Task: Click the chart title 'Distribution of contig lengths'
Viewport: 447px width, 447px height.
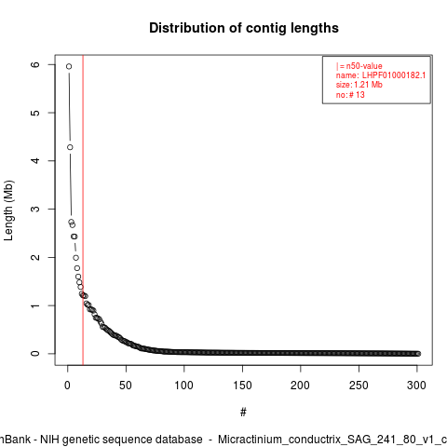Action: pos(244,28)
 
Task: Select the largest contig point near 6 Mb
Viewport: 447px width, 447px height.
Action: pos(69,66)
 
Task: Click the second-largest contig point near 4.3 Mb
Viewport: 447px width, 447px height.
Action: pos(70,147)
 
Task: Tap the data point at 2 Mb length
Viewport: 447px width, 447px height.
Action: pos(76,258)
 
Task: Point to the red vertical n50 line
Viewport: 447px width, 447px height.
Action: pos(83,210)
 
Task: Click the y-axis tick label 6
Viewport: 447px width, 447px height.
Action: pos(36,64)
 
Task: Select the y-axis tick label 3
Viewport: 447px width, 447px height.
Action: pos(36,209)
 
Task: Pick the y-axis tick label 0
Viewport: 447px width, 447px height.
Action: pos(36,354)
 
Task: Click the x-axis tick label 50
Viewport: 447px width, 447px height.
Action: pos(126,386)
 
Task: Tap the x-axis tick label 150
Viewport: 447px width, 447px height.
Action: pos(242,386)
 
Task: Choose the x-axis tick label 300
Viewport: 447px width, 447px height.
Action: pos(416,386)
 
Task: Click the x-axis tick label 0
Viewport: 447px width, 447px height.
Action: pos(67,386)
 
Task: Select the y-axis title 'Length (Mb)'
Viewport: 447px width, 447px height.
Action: pos(8,210)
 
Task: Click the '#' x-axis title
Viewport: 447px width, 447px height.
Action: pos(243,413)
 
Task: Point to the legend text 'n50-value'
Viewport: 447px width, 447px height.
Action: pos(364,66)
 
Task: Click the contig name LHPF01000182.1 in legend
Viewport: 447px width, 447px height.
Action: pos(394,75)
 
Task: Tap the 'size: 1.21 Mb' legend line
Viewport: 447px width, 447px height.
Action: pos(359,85)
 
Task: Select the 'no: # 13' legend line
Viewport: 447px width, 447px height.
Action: pos(350,95)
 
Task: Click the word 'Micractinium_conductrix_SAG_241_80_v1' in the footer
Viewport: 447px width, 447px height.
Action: pos(323,440)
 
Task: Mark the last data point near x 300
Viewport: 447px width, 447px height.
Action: pos(418,354)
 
